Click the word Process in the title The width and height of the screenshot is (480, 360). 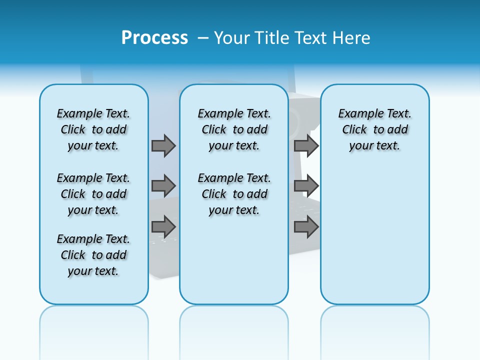tap(154, 38)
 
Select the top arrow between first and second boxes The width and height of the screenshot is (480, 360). tap(163, 145)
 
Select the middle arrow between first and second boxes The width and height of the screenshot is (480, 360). tap(163, 186)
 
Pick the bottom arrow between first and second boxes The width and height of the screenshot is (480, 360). tap(163, 227)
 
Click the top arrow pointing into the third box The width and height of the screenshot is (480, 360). tap(306, 145)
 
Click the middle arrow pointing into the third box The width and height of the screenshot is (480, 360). tap(306, 186)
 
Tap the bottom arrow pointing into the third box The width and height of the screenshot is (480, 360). tap(306, 227)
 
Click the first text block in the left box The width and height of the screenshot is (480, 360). tap(93, 129)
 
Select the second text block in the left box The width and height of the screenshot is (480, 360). tap(93, 194)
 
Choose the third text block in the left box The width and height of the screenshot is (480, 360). tap(93, 255)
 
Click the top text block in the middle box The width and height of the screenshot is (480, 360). tap(234, 129)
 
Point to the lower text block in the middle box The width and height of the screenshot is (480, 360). tap(234, 194)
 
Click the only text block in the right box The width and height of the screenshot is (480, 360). tap(374, 129)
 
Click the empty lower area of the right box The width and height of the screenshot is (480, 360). tap(374, 235)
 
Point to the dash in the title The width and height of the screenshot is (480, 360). tap(203, 38)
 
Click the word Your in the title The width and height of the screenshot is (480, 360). tap(232, 38)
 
